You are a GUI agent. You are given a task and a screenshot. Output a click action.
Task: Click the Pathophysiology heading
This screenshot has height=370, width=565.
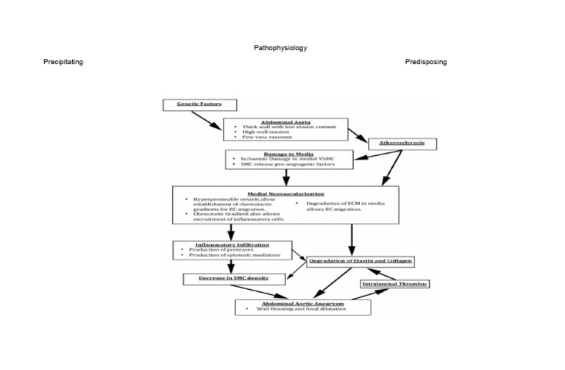coord(280,48)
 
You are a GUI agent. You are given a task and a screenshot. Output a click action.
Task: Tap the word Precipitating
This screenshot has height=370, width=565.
coord(63,62)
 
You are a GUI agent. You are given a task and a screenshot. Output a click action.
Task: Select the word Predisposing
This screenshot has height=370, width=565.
coord(425,62)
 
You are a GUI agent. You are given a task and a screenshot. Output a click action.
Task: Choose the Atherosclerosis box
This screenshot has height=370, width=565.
coord(402,143)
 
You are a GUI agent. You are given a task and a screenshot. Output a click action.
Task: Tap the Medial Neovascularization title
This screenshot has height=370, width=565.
coord(286,193)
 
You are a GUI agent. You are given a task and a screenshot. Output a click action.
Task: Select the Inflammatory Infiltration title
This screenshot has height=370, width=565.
coord(232,243)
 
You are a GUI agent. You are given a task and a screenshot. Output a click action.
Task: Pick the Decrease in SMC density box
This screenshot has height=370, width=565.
coord(234,279)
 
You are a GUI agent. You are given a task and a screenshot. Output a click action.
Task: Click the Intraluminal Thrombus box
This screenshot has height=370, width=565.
coord(395,283)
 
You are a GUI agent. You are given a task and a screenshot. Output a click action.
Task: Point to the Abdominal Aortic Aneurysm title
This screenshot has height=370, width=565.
coord(302,302)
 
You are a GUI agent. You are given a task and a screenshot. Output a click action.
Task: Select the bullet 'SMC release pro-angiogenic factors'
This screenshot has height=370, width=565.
coord(283,164)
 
